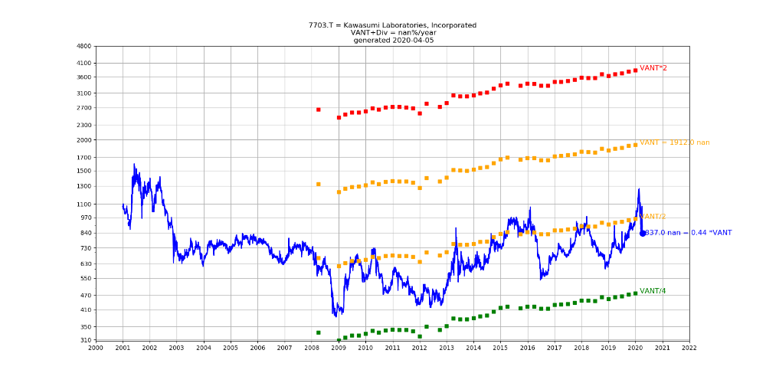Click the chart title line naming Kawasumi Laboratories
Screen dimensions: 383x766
tap(392, 25)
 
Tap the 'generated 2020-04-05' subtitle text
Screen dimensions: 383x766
tap(392, 40)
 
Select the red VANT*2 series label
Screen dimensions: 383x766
tap(653, 68)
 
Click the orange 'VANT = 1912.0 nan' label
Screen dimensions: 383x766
tap(674, 142)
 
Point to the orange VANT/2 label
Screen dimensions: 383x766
tap(653, 217)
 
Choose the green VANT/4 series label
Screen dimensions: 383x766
tap(653, 291)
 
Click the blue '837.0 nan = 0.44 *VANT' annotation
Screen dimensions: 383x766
tap(689, 233)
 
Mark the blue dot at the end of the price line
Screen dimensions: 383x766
tap(643, 233)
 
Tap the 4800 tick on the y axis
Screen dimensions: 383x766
tap(83, 47)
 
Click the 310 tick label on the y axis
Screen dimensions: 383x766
tap(85, 340)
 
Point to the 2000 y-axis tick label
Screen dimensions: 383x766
tap(83, 140)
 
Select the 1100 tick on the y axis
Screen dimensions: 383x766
tap(83, 205)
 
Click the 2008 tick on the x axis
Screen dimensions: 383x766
tap(312, 348)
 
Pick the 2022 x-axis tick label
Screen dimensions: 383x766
tap(689, 348)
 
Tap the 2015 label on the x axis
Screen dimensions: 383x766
tap(500, 348)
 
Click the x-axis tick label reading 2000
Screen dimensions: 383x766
tap(96, 348)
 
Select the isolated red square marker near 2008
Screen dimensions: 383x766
tap(319, 110)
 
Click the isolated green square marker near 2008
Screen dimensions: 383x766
tap(319, 332)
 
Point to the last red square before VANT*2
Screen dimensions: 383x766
tap(635, 70)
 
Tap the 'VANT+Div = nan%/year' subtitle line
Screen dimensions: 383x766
tap(392, 33)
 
